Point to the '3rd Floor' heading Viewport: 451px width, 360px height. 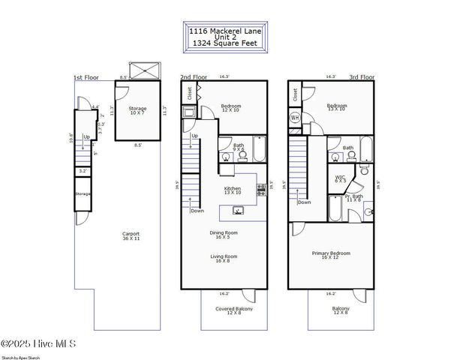299,77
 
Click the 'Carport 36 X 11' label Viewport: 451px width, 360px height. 131,237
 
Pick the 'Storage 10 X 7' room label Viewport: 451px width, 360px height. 137,111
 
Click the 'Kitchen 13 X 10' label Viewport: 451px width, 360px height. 233,191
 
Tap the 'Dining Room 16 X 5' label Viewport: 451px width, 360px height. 224,235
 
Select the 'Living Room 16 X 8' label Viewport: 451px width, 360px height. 223,259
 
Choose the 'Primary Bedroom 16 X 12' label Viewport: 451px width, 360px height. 331,256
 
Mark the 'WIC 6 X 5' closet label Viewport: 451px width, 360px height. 341,179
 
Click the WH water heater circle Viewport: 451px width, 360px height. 295,117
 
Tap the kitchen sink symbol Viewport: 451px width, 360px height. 237,211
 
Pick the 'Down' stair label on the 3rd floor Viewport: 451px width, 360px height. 305,202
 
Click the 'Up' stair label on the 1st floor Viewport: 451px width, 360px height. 86,136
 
